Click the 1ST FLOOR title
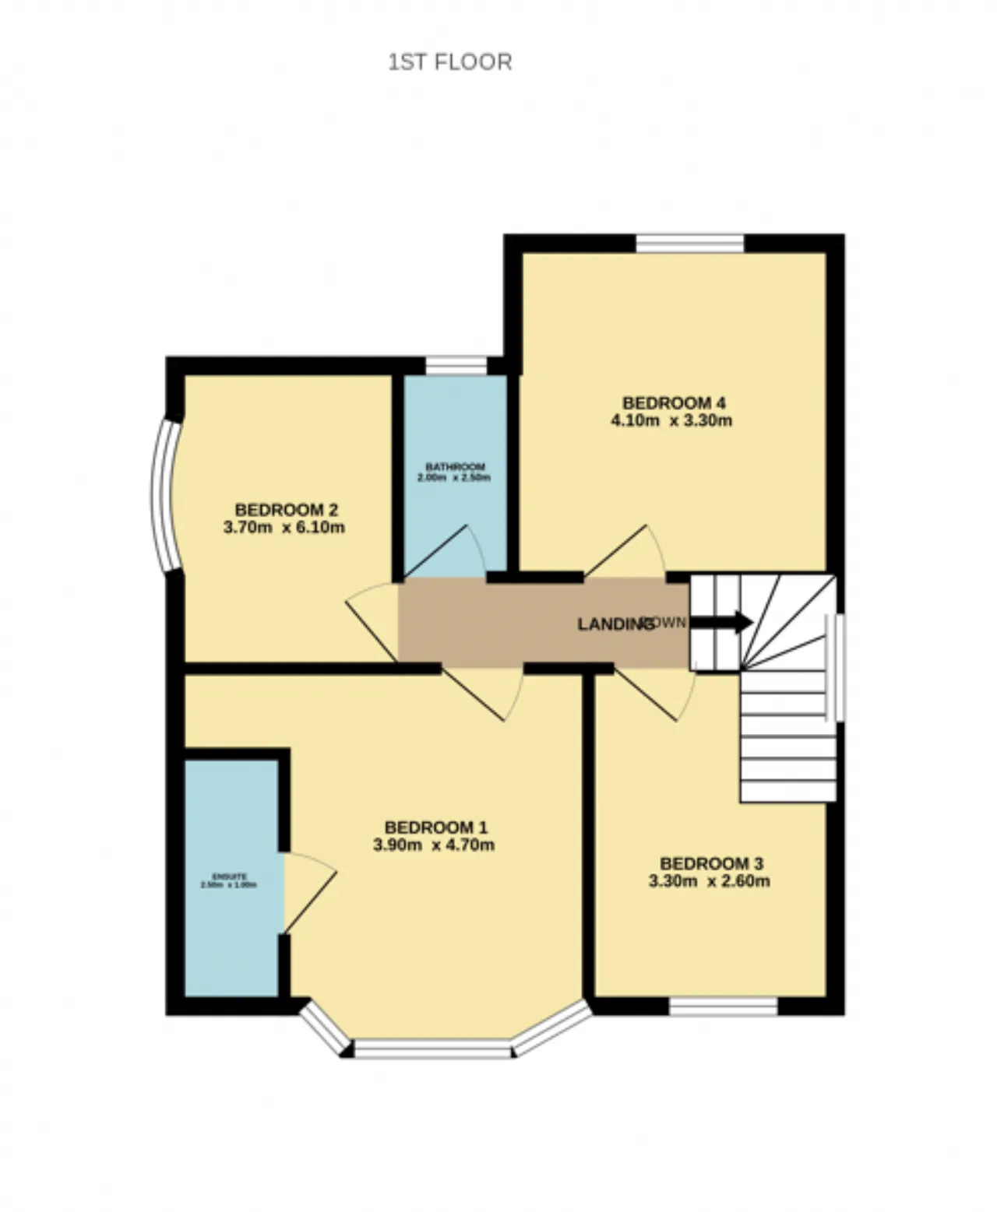click(x=450, y=62)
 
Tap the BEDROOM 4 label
click(x=674, y=402)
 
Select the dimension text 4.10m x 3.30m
click(x=671, y=421)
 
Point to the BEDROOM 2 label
click(x=286, y=510)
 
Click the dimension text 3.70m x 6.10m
click(x=284, y=528)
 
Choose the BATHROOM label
click(x=455, y=466)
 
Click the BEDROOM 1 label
click(x=435, y=827)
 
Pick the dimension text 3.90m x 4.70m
click(x=434, y=845)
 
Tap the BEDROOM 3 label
click(x=711, y=863)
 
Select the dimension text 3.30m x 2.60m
click(x=710, y=881)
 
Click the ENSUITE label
click(x=229, y=877)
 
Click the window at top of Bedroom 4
click(x=689, y=244)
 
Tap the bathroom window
click(x=456, y=365)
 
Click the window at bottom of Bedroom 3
click(x=724, y=1006)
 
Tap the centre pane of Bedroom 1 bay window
click(x=433, y=1049)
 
